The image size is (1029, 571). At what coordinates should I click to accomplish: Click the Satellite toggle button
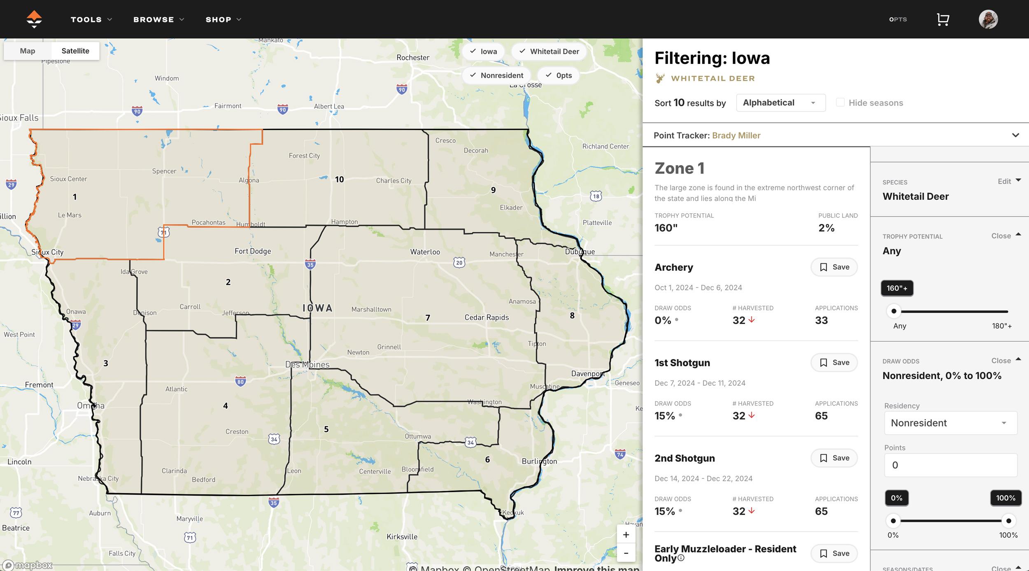[75, 51]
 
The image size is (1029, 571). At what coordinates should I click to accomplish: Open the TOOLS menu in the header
[91, 19]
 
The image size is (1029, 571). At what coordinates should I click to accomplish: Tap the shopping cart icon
[943, 19]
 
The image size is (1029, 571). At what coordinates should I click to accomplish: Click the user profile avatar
[988, 19]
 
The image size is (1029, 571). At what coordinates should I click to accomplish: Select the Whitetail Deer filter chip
[549, 51]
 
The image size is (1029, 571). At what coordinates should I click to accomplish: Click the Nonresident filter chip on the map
[497, 75]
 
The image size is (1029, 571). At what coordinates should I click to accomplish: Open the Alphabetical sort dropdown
[780, 103]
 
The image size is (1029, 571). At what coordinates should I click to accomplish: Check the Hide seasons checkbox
[840, 103]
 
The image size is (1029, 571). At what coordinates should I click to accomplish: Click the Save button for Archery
[834, 267]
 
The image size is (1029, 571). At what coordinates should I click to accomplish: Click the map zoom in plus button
[626, 535]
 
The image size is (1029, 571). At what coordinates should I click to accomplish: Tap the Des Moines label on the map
[307, 365]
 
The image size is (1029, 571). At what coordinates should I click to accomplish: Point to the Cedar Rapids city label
[487, 317]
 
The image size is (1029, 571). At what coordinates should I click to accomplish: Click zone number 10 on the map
[339, 179]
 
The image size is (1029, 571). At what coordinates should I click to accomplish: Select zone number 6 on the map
[487, 459]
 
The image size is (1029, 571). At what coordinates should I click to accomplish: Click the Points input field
[950, 465]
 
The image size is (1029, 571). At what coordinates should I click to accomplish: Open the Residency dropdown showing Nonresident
[950, 423]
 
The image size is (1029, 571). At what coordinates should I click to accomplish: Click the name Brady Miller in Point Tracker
[736, 135]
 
